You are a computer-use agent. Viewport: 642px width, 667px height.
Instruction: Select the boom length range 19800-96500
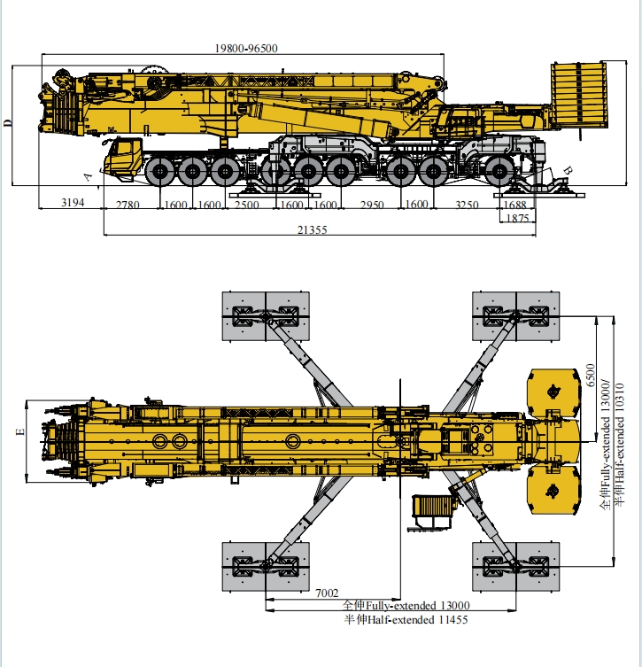click(x=246, y=49)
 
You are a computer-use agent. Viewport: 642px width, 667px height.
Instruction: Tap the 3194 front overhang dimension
click(x=72, y=205)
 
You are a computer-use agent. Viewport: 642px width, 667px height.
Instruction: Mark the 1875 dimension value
click(x=517, y=218)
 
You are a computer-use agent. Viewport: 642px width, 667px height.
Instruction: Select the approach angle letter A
click(x=88, y=176)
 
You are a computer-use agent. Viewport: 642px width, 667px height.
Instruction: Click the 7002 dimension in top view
click(x=327, y=592)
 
